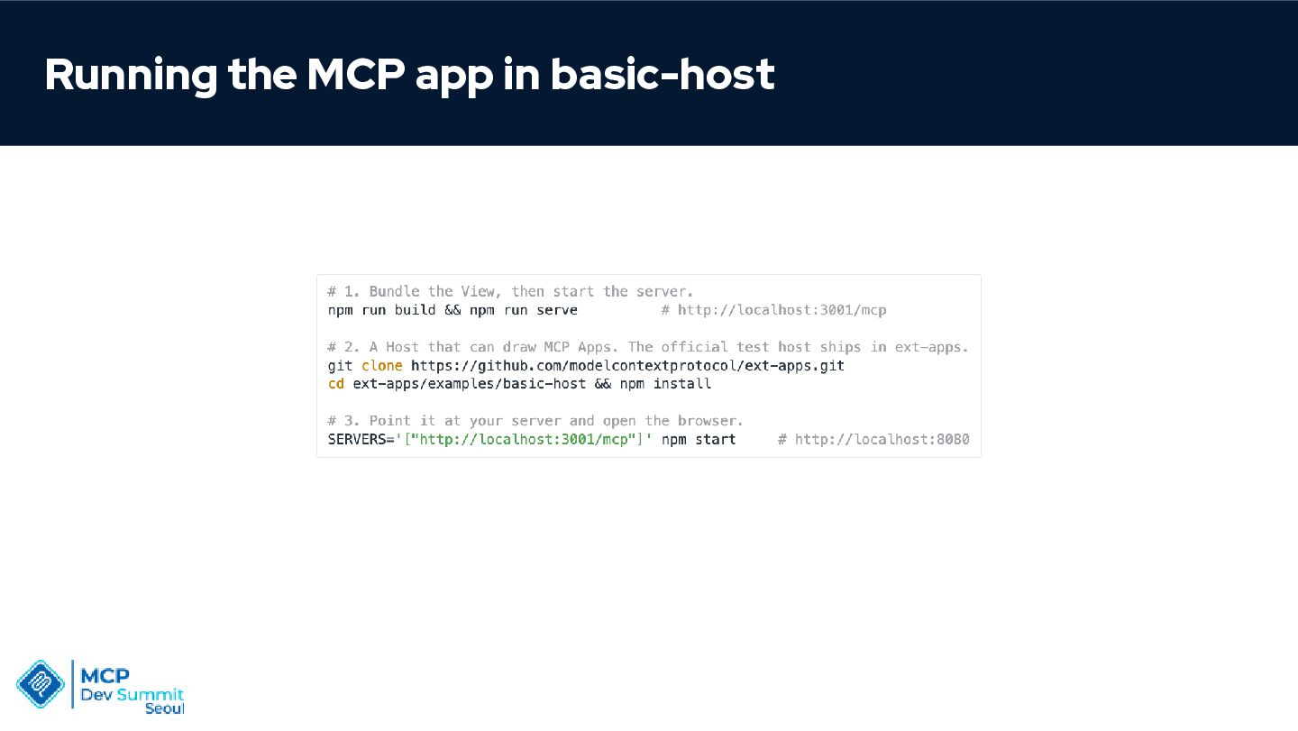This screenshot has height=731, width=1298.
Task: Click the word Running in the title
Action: (131, 76)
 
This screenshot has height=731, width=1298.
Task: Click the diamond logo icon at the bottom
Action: (41, 684)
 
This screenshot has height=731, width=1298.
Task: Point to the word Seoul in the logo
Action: (165, 709)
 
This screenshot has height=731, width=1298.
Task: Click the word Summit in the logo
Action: (150, 695)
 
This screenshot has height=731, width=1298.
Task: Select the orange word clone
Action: (382, 366)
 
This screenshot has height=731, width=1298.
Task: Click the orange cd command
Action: (336, 383)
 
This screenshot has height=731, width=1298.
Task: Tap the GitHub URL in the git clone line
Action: (627, 366)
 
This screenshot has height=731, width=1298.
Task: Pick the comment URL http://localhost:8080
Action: (882, 440)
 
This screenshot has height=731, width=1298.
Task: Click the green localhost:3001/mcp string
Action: (523, 440)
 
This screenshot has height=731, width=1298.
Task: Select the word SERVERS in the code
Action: (357, 440)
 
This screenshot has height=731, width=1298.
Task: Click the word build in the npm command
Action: (415, 310)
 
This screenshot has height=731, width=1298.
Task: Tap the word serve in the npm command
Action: (557, 310)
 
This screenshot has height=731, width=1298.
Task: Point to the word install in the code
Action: (682, 383)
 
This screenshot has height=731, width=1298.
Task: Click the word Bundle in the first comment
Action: (394, 291)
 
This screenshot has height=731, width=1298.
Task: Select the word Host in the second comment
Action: (402, 347)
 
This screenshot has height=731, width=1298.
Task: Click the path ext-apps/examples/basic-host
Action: (470, 384)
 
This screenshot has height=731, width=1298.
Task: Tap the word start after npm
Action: (715, 440)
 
